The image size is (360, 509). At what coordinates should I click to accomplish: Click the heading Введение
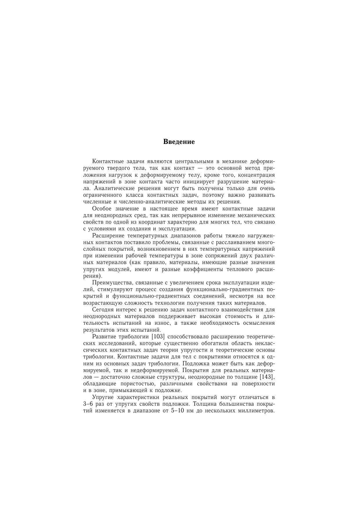pyautogui.click(x=179, y=142)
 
